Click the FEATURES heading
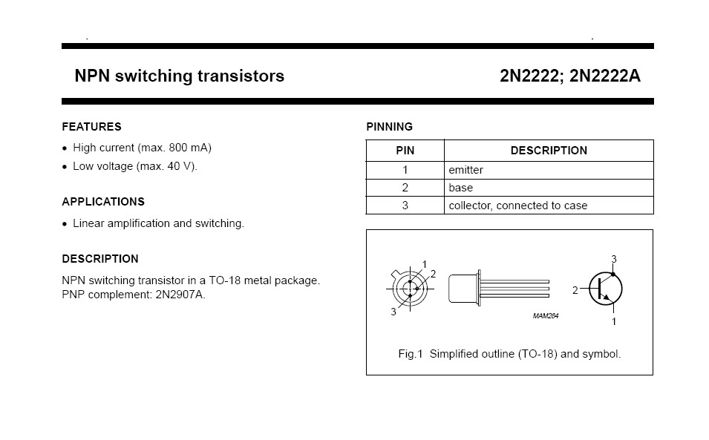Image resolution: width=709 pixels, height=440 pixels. tap(91, 127)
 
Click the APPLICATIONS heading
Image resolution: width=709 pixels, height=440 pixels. tap(103, 202)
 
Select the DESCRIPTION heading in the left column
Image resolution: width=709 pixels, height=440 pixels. tap(100, 259)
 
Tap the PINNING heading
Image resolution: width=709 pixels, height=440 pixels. tap(389, 127)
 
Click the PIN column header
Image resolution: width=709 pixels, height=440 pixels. tap(405, 151)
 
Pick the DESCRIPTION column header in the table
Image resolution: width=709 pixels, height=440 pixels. tap(549, 151)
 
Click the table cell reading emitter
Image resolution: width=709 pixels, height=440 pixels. tap(466, 170)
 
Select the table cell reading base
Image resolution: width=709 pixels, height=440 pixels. tap(460, 188)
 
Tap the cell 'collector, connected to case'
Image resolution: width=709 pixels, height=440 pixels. tap(517, 206)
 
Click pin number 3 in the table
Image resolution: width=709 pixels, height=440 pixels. tap(405, 206)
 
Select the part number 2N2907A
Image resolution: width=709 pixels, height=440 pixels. tap(180, 295)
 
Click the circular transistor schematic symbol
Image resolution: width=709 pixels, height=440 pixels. tap(605, 289)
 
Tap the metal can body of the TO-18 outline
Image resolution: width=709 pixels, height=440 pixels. tap(464, 288)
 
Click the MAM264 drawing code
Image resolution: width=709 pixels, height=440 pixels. tap(545, 316)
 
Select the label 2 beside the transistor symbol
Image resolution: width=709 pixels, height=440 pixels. tap(575, 291)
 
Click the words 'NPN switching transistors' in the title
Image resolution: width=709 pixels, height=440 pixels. tap(180, 76)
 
